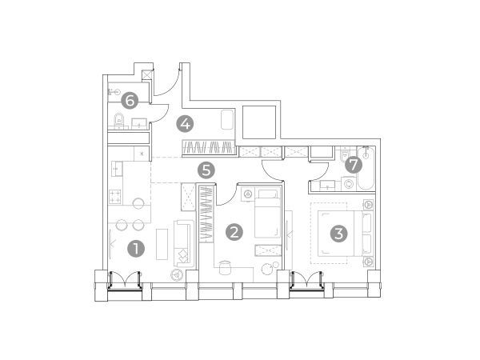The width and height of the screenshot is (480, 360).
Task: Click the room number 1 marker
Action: tap(136, 248)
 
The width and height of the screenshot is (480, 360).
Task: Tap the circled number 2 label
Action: tap(234, 232)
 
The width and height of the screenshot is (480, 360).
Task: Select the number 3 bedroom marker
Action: tap(339, 234)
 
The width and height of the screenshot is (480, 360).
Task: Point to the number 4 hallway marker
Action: tap(186, 124)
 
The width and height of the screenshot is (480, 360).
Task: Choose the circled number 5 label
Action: tap(206, 170)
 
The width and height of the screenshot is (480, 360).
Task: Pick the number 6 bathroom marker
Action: tap(130, 101)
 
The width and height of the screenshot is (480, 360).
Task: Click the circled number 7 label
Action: tap(354, 165)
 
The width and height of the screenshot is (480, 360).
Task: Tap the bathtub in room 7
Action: tap(366, 168)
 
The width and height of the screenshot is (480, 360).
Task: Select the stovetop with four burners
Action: tap(115, 197)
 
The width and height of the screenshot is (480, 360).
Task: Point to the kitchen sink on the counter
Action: tap(117, 169)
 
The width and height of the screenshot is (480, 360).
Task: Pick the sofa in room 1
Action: tap(184, 243)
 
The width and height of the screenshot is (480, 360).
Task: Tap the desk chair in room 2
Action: tap(225, 266)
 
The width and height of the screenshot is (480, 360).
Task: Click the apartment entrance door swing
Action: tap(167, 82)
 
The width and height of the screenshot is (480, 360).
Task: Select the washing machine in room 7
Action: tap(348, 184)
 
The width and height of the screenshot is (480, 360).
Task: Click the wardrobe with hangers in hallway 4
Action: tap(209, 147)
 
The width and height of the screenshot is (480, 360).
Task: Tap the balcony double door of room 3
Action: tap(307, 280)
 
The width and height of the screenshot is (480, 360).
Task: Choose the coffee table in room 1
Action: tap(162, 244)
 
